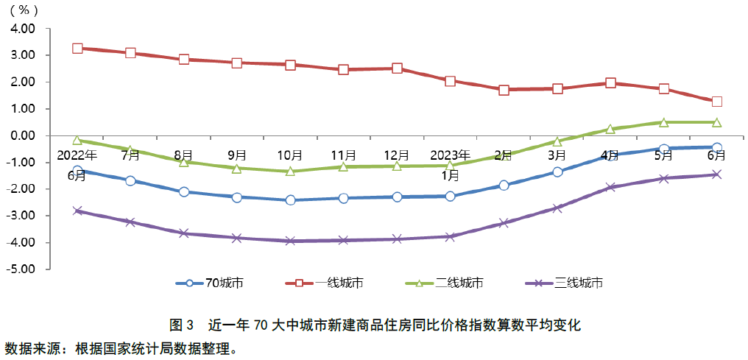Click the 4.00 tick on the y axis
(22, 29)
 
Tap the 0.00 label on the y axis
(22, 135)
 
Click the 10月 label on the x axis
(290, 155)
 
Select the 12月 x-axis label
(397, 155)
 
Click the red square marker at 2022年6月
(77, 49)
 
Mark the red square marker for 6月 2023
(716, 102)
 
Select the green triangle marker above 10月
(290, 171)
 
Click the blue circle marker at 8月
(184, 191)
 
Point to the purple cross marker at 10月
(290, 241)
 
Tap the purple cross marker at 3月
(557, 208)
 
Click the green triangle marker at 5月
(664, 122)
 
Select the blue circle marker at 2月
(504, 185)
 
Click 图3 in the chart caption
(180, 324)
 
